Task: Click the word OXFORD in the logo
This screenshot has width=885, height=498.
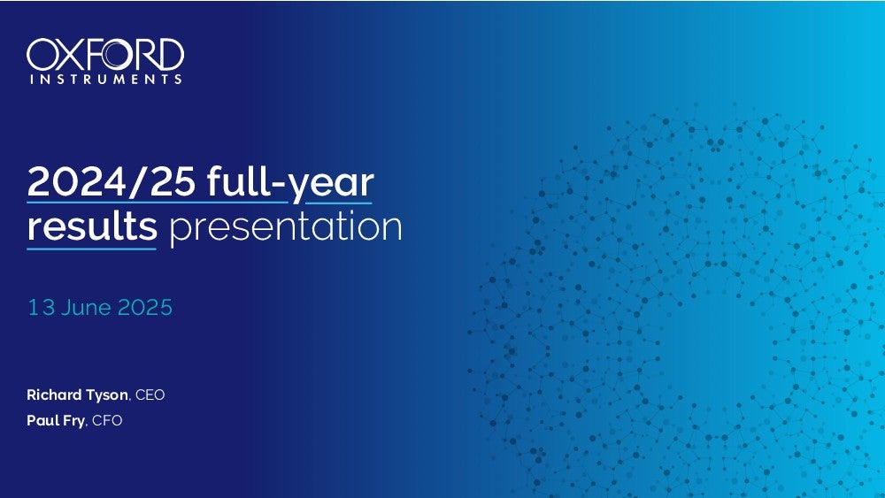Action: pyautogui.click(x=105, y=55)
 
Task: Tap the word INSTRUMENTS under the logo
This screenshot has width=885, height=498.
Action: pyautogui.click(x=106, y=79)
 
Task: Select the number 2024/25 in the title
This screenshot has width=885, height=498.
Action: pyautogui.click(x=112, y=181)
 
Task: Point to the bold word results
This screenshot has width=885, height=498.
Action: pyautogui.click(x=92, y=226)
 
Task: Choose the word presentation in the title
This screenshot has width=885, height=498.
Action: pyautogui.click(x=286, y=227)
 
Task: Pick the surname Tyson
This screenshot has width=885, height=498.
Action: pyautogui.click(x=107, y=395)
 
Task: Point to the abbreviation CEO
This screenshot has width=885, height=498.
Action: pyautogui.click(x=150, y=395)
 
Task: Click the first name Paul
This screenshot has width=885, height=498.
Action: pyautogui.click(x=41, y=420)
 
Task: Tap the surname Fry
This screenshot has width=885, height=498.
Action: pyautogui.click(x=73, y=421)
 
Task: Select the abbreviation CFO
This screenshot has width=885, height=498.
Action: pyautogui.click(x=107, y=420)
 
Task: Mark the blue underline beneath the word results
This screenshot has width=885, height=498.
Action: pyautogui.click(x=92, y=249)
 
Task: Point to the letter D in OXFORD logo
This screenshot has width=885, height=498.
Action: pyautogui.click(x=169, y=55)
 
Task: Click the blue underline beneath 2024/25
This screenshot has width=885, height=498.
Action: pyautogui.click(x=158, y=202)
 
